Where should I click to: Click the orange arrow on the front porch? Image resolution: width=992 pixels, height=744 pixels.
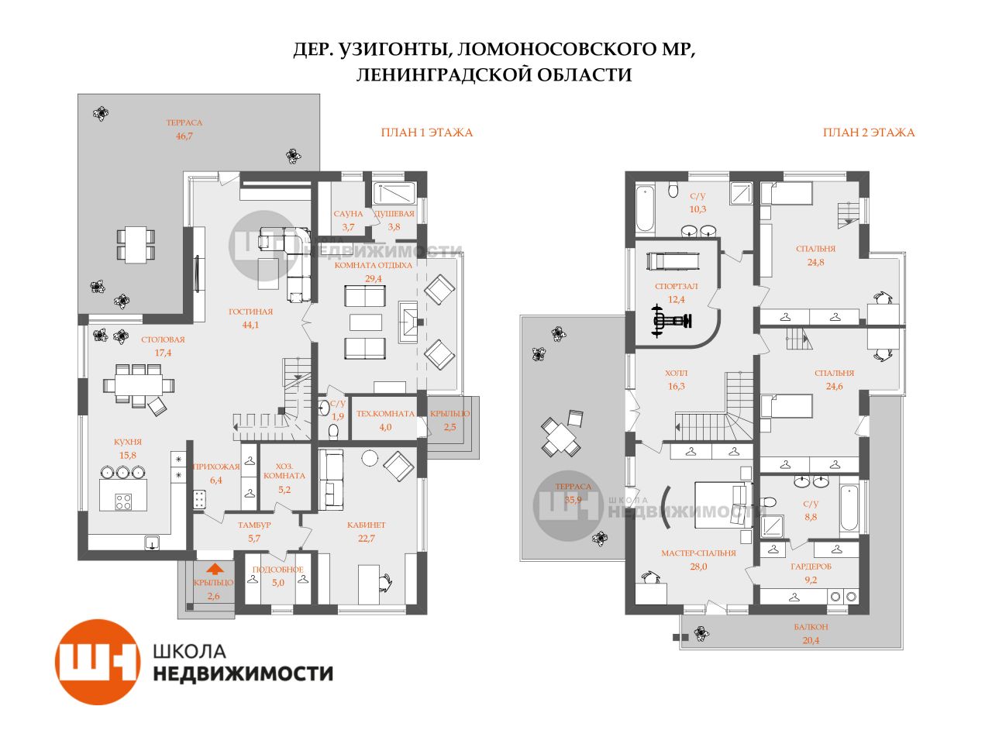[x=215, y=568]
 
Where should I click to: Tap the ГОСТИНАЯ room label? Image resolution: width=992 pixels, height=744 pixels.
[x=250, y=312]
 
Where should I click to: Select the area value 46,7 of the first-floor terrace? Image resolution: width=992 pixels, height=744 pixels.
[x=184, y=136]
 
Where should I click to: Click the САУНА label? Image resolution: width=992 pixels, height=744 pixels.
[x=348, y=214]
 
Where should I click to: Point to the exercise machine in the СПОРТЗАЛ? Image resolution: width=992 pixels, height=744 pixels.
[x=671, y=321]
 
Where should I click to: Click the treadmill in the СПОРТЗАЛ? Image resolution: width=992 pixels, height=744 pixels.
[x=673, y=261]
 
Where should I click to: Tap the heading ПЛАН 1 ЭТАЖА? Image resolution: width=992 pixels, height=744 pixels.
[x=426, y=133]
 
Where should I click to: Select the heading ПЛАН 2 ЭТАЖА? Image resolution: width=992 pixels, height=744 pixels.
[x=869, y=133]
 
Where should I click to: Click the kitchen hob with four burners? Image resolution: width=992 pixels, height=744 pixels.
[x=123, y=501]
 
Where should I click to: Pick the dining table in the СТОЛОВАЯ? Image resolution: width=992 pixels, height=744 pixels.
[x=138, y=384]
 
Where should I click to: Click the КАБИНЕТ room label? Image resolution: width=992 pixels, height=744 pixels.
[x=366, y=525]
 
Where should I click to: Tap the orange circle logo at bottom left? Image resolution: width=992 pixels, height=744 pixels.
[x=98, y=661]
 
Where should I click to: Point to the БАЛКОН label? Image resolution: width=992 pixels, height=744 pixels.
[x=811, y=627]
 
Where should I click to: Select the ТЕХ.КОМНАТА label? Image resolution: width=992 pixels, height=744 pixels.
[x=385, y=413]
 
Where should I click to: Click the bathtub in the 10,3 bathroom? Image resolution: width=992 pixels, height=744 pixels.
[x=646, y=209]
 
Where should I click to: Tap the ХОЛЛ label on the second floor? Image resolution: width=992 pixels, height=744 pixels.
[x=676, y=373]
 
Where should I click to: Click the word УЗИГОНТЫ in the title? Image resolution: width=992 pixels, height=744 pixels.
[x=393, y=50]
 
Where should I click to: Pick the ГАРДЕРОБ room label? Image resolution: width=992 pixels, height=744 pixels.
[x=811, y=567]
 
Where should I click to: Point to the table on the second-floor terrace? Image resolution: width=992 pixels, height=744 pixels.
[x=561, y=436]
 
